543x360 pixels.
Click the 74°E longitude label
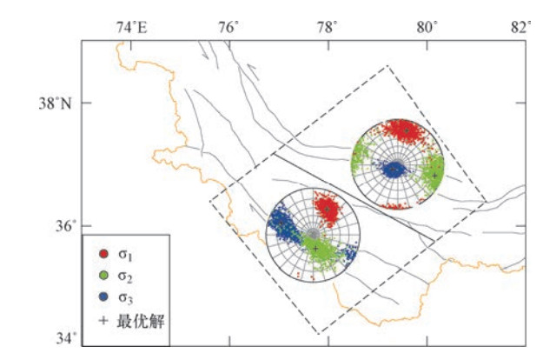click(131, 27)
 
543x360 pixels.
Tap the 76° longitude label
click(228, 27)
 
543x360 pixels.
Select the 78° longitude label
click(328, 27)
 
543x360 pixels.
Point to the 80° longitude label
click(427, 27)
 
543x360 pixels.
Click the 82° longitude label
click(521, 27)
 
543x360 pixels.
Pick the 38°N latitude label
click(55, 103)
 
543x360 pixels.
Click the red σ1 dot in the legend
click(103, 254)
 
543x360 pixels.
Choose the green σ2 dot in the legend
click(103, 276)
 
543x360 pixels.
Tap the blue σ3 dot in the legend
click(103, 297)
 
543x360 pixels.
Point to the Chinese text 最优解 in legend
click(141, 321)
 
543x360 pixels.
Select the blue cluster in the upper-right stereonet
click(394, 170)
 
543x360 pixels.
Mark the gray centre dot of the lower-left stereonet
click(314, 234)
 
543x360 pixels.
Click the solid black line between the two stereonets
click(354, 197)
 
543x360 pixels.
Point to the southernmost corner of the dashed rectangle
click(319, 334)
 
